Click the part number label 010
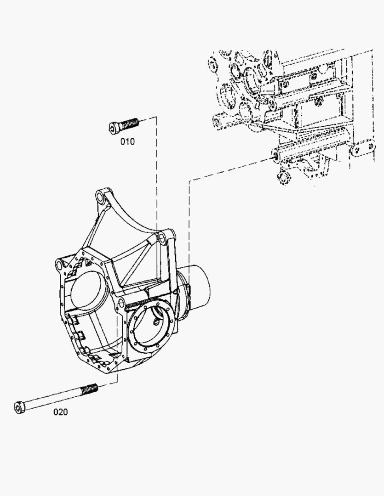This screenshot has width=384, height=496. coord(127,141)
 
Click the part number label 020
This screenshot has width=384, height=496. coord(60,412)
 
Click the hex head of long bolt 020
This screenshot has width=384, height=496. coord(19,407)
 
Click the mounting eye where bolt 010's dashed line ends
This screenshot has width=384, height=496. coord(161,238)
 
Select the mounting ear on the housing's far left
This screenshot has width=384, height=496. coord(60,264)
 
